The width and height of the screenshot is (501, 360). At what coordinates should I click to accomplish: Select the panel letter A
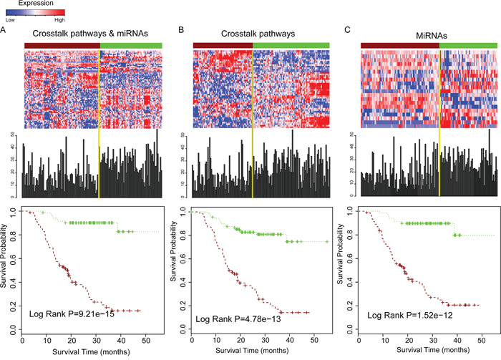[4, 31]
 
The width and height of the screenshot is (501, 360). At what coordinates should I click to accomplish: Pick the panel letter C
[348, 31]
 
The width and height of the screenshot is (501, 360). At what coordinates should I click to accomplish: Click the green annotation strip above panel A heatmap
[131, 45]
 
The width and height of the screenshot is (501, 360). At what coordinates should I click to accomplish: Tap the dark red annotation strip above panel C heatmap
[399, 45]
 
